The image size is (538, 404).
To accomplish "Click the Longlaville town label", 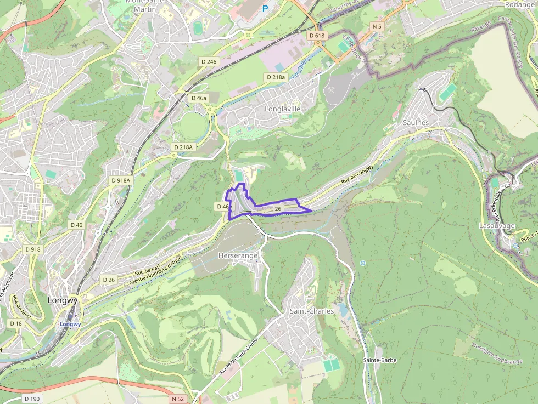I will click(x=283, y=109).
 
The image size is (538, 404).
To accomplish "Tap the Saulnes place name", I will click(x=416, y=122).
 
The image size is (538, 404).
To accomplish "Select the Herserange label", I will click(x=238, y=255).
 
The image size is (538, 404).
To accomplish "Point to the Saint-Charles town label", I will click(x=311, y=311).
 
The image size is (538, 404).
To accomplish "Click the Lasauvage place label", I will click(x=497, y=225).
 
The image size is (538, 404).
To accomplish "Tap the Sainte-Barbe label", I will click(x=380, y=360).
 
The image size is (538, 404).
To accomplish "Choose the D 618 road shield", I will click(x=317, y=36).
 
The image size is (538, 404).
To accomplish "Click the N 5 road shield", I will click(x=377, y=26).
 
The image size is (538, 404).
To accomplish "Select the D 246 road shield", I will click(x=209, y=62).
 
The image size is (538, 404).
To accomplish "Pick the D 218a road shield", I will click(x=276, y=77).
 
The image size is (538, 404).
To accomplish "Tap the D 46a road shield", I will click(x=199, y=98).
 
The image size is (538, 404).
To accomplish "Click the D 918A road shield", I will click(x=121, y=180).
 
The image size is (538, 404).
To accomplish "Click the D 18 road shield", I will click(x=16, y=323).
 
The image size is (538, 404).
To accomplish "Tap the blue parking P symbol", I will click(x=266, y=8).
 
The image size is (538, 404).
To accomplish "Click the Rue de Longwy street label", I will click(x=357, y=174).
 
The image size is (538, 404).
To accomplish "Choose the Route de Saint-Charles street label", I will click(x=239, y=356).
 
